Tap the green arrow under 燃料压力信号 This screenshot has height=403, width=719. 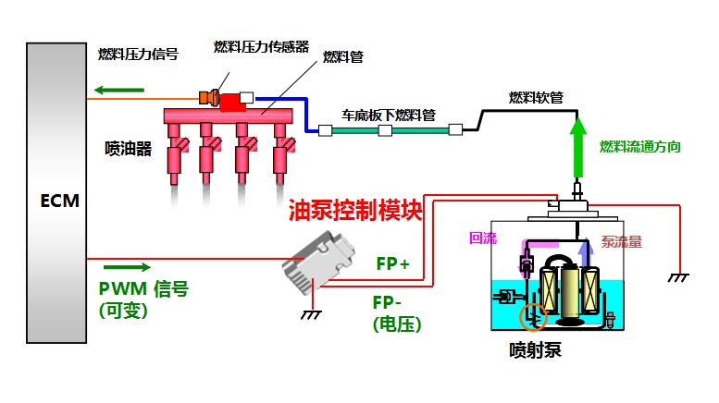coord(118,90)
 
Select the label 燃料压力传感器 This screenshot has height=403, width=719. coord(261,46)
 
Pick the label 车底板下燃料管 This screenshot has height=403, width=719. coord(389,116)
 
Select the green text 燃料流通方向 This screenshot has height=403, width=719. coord(640,147)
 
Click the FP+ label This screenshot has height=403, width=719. coord(392,263)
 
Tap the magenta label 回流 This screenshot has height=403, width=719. coord(483,238)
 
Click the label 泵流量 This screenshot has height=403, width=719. coord(621,242)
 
